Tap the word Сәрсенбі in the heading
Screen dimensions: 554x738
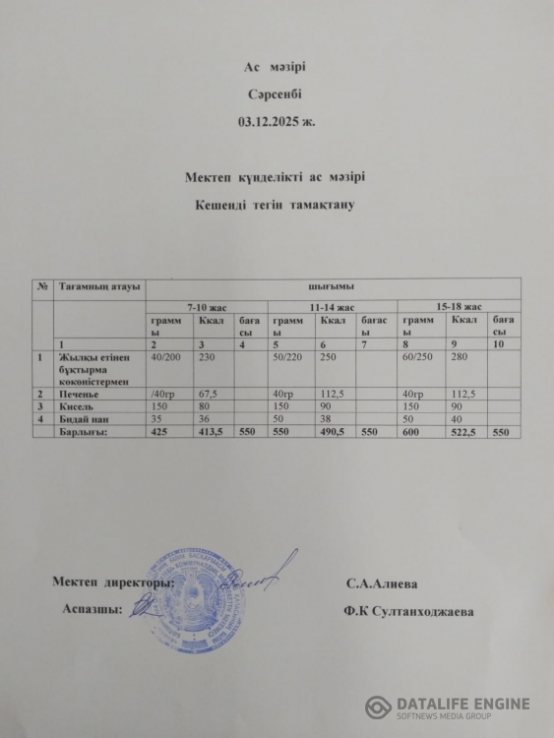pyautogui.click(x=276, y=95)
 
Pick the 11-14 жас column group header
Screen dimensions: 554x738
pyautogui.click(x=332, y=307)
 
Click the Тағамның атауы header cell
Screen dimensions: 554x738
pyautogui.click(x=98, y=286)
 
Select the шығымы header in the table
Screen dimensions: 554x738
pyautogui.click(x=332, y=286)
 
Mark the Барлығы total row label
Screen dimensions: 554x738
pyautogui.click(x=83, y=431)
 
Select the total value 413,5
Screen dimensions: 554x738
pyautogui.click(x=214, y=431)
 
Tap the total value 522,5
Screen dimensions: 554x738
pyautogui.click(x=464, y=431)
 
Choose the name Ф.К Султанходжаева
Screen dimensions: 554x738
pyautogui.click(x=408, y=611)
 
